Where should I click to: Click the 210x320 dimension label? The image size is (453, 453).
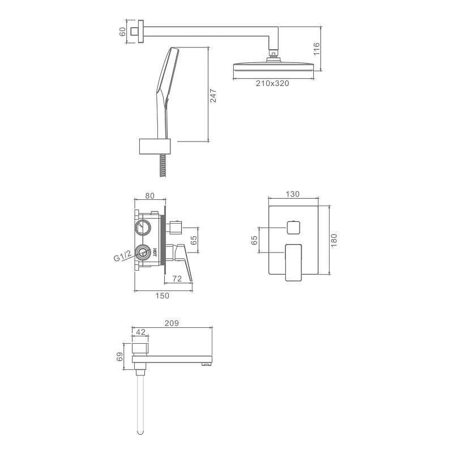coord(272,83)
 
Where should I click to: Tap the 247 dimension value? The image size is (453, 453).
coord(213,96)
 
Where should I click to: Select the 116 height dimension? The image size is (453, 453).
coord(317,49)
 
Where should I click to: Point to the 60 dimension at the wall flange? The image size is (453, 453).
coord(122,32)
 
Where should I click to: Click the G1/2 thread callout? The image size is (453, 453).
coord(122,255)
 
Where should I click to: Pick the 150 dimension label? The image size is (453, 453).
coord(162,296)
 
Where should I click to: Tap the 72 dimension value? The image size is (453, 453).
coord(177,279)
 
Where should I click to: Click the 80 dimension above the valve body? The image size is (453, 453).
coord(149,195)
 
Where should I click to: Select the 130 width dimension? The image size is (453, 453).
coord(293,194)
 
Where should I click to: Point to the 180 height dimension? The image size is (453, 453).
coord(334,240)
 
